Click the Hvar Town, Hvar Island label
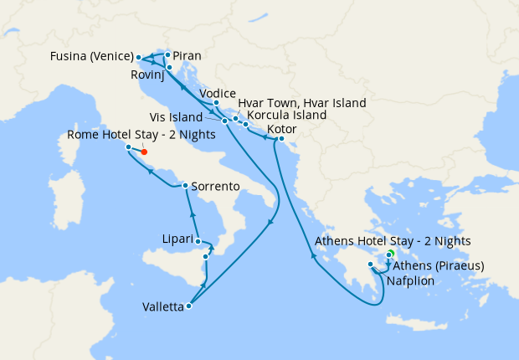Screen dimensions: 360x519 point(302,103)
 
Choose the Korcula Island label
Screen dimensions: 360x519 point(288,116)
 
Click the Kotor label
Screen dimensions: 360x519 point(283,131)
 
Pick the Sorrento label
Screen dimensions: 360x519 point(216,185)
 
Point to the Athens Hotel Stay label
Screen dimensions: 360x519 point(393,241)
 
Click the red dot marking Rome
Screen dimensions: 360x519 point(144,152)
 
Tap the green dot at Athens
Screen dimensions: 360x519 point(391,253)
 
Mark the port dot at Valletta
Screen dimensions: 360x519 point(189,306)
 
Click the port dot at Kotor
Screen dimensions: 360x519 point(281,138)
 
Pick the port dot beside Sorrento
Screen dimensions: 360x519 point(185,185)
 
